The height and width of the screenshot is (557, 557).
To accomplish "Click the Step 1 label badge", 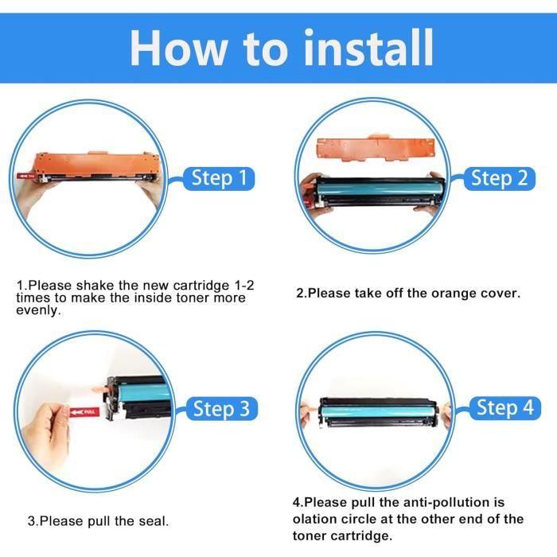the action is tap(219, 178).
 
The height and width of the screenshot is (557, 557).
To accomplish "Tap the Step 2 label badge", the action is tap(499, 178).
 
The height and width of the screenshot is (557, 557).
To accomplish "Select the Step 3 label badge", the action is tap(222, 408).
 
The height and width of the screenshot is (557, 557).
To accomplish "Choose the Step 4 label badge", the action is tap(504, 407).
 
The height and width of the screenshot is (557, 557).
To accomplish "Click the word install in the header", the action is tap(368, 48).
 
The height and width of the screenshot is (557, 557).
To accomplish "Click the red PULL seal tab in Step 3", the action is tap(84, 412).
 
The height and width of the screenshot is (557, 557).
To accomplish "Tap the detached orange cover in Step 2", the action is tap(375, 148).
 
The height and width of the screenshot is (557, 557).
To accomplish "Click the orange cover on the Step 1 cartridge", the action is tap(96, 165).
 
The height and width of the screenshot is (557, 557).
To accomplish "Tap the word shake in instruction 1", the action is tap(95, 285).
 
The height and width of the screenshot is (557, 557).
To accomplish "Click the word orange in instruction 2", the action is tap(454, 294).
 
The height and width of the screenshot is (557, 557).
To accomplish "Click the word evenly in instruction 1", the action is tap(38, 311).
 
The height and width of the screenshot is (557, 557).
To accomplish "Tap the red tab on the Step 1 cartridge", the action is tap(25, 176).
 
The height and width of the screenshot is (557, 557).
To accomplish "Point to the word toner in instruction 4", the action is tap(309, 536).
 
